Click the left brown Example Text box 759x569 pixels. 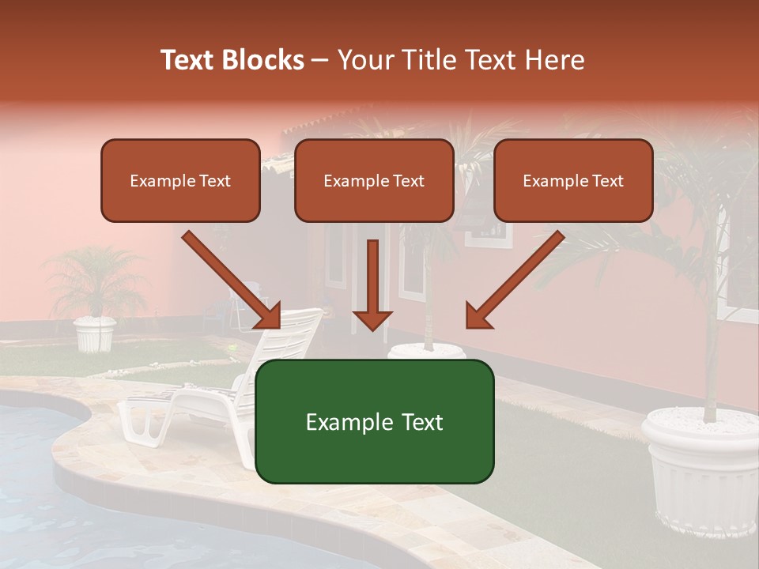click(180, 181)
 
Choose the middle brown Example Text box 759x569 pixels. click(374, 181)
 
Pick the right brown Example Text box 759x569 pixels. click(573, 181)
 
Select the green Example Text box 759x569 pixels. click(374, 422)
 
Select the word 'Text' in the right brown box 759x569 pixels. click(607, 181)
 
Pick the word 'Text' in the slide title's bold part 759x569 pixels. click(188, 60)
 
